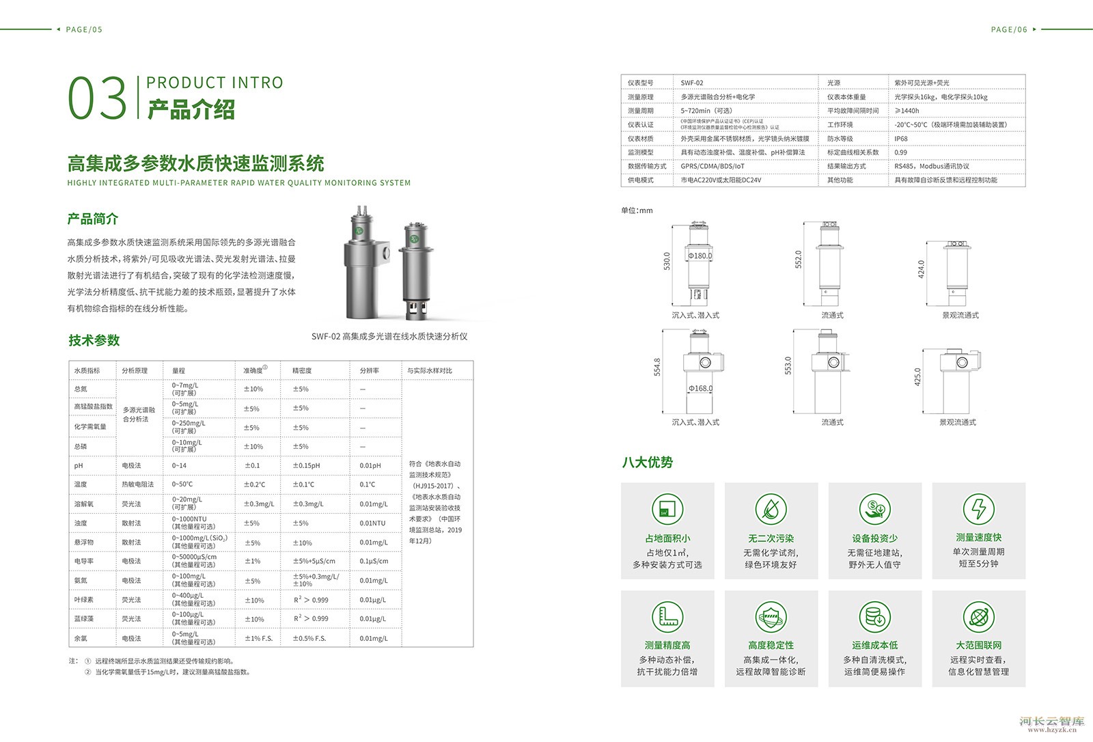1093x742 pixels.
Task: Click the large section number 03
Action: (x=98, y=98)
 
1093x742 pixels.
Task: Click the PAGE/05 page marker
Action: (x=84, y=29)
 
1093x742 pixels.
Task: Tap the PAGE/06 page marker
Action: (x=1009, y=29)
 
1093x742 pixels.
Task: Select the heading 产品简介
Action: (x=93, y=219)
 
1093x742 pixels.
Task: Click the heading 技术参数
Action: (x=94, y=340)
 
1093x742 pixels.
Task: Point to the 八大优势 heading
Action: (x=647, y=463)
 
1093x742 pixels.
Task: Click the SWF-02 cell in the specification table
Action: (x=692, y=83)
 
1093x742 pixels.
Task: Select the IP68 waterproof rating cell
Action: (x=901, y=139)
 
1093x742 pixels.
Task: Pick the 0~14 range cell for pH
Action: (x=180, y=465)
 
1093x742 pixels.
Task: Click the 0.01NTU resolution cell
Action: (x=372, y=523)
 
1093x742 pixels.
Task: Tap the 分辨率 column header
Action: (x=370, y=370)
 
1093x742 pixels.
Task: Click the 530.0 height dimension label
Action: (x=667, y=261)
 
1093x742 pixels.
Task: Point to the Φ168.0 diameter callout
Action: (x=700, y=389)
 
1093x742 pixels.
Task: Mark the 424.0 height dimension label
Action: (x=921, y=269)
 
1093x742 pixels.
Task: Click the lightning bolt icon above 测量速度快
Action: (x=978, y=509)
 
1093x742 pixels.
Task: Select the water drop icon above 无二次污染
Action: (x=771, y=510)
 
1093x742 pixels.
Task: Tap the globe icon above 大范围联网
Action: (x=978, y=617)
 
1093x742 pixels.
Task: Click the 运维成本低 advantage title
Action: (x=874, y=645)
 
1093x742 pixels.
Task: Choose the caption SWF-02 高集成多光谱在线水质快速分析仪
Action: (x=389, y=336)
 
